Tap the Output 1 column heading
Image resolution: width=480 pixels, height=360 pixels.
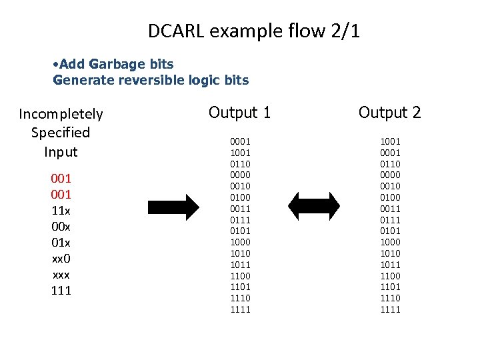click(240, 112)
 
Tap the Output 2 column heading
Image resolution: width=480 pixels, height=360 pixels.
click(390, 112)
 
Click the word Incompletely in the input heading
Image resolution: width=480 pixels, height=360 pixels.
click(61, 113)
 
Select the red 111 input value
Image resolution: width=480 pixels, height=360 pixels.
click(61, 291)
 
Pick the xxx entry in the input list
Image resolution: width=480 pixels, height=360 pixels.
click(61, 275)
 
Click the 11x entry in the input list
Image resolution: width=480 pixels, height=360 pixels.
click(61, 211)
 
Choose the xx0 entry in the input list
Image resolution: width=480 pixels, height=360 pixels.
click(61, 259)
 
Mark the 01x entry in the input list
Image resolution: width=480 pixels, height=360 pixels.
click(61, 243)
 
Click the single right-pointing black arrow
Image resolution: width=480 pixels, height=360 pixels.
click(173, 207)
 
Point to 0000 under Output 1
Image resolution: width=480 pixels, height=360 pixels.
click(240, 175)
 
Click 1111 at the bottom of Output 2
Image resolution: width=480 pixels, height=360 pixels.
click(390, 309)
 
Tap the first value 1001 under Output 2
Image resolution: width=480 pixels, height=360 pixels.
click(390, 141)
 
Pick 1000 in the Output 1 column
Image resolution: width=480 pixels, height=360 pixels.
click(240, 242)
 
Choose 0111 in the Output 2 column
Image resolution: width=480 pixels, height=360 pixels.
click(390, 220)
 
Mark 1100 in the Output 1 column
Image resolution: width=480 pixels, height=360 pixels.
click(240, 276)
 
